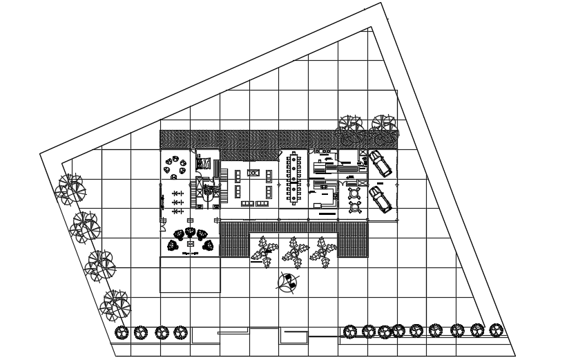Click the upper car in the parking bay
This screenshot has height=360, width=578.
[x=378, y=164]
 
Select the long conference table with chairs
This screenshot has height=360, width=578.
[x=295, y=178]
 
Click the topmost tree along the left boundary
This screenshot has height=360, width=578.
[x=70, y=189]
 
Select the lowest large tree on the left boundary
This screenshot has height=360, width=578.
[x=115, y=303]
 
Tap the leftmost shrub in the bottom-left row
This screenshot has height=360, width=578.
[x=122, y=332]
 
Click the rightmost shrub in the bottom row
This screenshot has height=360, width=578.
[x=495, y=331]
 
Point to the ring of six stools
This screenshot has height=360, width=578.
[x=176, y=164]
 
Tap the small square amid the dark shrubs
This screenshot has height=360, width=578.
[x=190, y=243]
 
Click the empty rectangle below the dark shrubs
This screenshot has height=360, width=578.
[x=190, y=274]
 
